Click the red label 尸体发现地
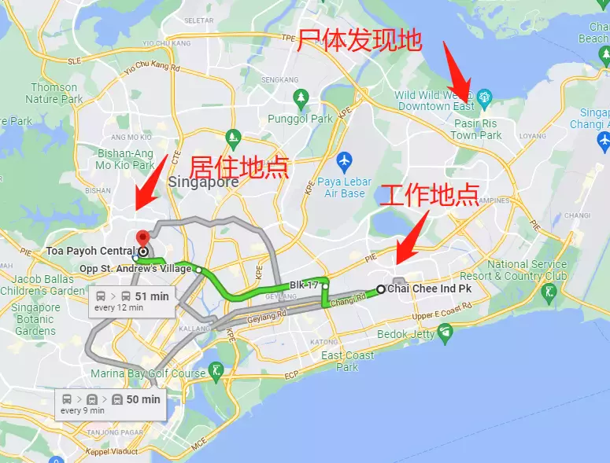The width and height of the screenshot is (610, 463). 359,40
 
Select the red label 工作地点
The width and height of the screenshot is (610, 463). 429,194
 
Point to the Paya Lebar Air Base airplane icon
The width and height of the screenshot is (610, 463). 344,162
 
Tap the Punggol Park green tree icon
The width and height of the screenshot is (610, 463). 300,98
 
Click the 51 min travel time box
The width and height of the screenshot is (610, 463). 131,300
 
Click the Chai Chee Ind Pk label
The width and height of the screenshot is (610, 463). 429,289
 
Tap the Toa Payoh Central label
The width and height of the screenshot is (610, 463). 91,252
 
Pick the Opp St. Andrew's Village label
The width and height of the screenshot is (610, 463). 135,269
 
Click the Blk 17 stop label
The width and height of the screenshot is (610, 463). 304,285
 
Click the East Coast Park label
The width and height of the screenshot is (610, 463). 347,361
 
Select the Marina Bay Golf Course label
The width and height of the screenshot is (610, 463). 148,373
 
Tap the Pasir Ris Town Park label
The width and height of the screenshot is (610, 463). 476,130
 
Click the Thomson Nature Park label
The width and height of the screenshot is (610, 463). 54,94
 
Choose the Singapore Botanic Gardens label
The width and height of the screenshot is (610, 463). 35,319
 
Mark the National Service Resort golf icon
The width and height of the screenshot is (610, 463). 549,292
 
